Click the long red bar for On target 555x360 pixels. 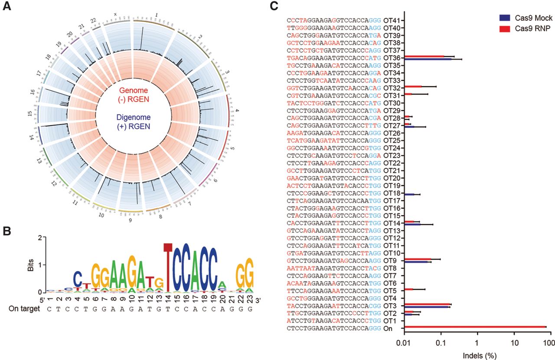coord(475,327)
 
